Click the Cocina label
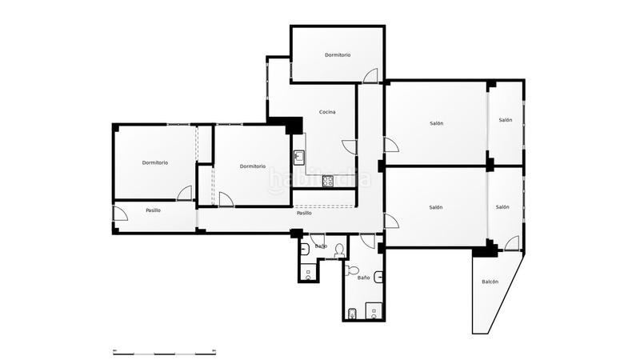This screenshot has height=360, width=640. [x=327, y=112]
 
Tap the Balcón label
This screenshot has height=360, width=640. [x=490, y=282]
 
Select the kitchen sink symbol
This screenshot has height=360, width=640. [x=299, y=157]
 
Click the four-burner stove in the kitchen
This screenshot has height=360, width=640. [x=328, y=181]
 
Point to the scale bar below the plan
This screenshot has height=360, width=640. [x=165, y=352]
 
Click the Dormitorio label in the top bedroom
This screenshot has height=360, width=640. [x=338, y=54]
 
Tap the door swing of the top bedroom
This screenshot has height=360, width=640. [x=370, y=75]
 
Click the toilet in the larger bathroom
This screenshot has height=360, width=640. [x=351, y=270]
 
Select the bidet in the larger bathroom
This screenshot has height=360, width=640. [x=353, y=314]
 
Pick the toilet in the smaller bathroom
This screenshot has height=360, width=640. [x=339, y=250]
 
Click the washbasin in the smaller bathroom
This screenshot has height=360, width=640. [x=305, y=248]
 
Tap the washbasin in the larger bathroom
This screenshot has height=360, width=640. [x=378, y=277]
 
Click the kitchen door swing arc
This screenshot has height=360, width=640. [x=349, y=146]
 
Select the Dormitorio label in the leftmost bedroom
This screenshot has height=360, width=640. [x=154, y=162]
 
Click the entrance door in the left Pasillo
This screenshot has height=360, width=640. [x=121, y=214]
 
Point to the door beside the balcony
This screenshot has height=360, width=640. [x=512, y=243]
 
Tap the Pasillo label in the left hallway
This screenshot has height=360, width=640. [x=153, y=210]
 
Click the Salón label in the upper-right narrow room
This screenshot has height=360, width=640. [x=506, y=120]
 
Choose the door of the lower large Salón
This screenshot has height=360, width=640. [x=391, y=221]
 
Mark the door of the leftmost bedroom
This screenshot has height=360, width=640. [x=184, y=193]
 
